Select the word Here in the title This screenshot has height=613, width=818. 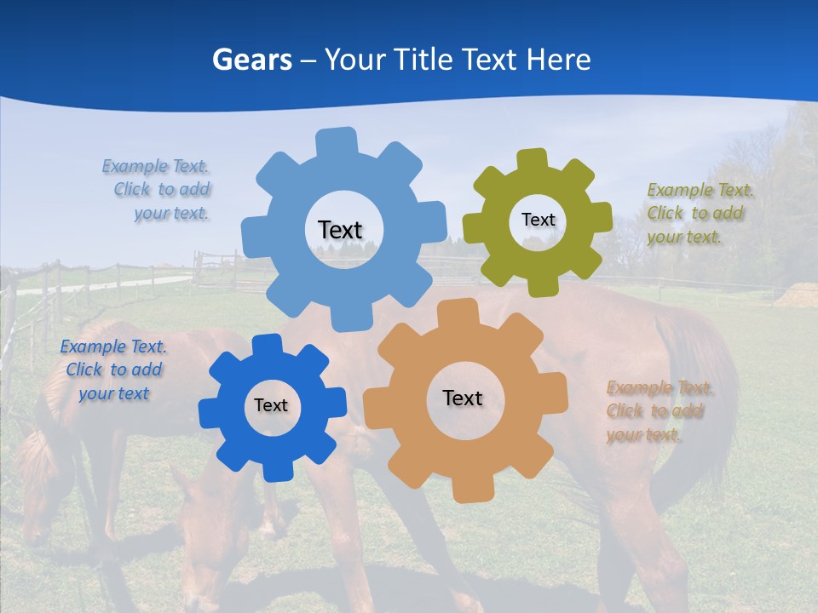[x=559, y=60]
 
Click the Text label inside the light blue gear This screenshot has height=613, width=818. [x=340, y=230]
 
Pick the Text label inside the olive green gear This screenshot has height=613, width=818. [x=538, y=220]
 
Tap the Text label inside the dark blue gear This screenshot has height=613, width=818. [x=270, y=405]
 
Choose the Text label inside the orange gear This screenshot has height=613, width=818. [x=463, y=398]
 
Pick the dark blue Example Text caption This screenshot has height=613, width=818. [x=113, y=370]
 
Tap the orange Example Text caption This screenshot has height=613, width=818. [x=659, y=411]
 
